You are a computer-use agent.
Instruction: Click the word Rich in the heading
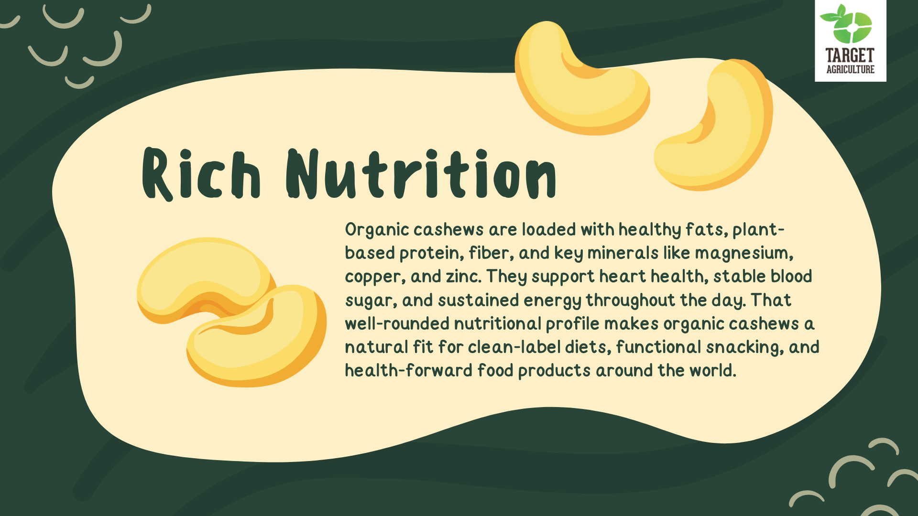click(201, 174)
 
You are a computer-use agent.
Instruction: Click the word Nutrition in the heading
click(421, 174)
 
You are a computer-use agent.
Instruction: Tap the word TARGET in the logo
click(850, 55)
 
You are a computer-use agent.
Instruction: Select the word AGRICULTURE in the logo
click(850, 69)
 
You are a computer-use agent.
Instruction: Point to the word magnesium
click(744, 253)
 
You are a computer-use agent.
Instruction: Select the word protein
click(432, 254)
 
